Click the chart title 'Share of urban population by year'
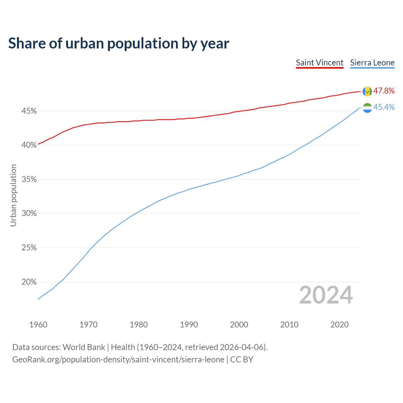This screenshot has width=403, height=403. [119, 43]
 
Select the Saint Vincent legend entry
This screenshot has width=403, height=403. [320, 63]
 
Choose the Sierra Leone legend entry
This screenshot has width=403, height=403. [372, 63]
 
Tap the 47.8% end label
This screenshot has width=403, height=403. [384, 91]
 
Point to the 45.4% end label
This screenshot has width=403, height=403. [384, 107]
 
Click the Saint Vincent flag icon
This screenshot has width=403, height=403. [367, 91]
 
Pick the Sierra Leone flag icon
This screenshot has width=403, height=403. [367, 108]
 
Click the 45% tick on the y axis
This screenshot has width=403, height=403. [29, 111]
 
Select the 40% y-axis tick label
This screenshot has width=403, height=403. [29, 145]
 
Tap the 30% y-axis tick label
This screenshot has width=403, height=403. [29, 213]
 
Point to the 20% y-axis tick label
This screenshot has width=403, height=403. [29, 282]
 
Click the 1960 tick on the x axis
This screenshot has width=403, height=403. [38, 325]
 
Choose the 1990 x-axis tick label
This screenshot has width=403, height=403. [189, 325]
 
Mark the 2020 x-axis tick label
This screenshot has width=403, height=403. [339, 325]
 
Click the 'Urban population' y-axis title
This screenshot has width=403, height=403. [13, 195]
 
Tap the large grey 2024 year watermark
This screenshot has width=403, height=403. [326, 295]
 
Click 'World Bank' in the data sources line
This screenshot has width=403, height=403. [84, 347]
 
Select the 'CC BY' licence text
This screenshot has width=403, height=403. [241, 360]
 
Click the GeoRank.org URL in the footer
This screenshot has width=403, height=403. [118, 360]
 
